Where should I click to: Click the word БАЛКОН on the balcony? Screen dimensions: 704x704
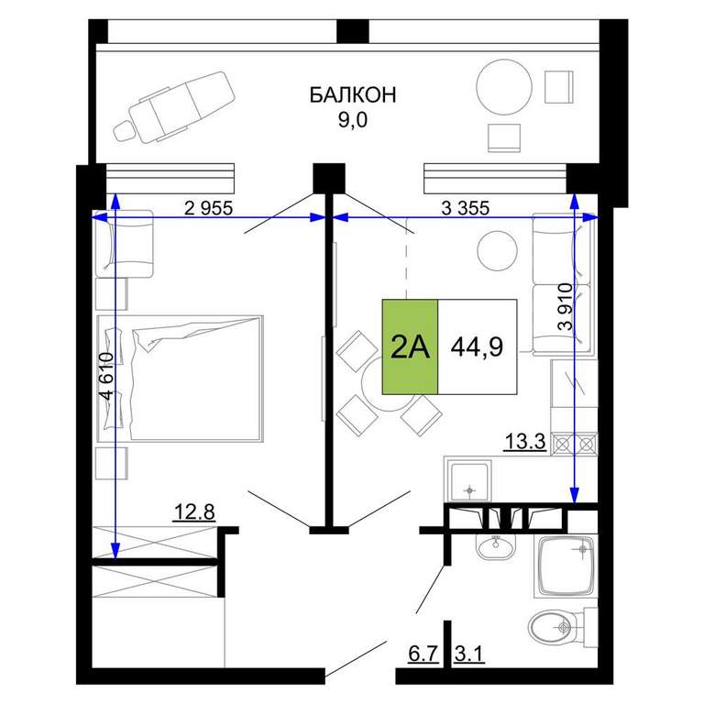(353, 95)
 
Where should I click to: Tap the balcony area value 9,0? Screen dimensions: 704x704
(353, 120)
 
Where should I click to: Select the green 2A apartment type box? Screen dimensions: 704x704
(410, 346)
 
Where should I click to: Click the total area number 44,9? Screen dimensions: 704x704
(477, 346)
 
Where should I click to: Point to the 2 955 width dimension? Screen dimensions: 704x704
(209, 208)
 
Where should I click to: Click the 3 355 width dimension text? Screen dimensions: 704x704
(466, 208)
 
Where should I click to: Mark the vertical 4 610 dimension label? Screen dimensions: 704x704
(107, 376)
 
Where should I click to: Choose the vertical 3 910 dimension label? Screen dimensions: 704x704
(566, 307)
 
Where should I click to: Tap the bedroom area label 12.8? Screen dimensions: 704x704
(194, 511)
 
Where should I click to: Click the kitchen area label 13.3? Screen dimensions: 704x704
(525, 441)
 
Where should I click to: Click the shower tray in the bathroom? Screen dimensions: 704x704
(566, 566)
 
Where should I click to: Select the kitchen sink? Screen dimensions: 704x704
(469, 480)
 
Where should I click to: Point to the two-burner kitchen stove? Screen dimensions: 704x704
(574, 444)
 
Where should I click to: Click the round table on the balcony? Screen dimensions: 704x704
(504, 87)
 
